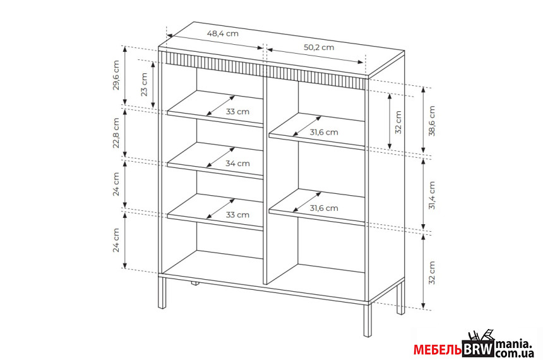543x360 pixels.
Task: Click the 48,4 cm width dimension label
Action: tap(223, 33)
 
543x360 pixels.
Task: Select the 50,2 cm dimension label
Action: tap(319, 47)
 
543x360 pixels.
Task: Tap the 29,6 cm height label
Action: tap(116, 75)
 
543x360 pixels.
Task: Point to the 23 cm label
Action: tap(144, 84)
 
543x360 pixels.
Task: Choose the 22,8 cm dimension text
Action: tap(116, 133)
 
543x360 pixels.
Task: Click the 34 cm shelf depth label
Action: tap(237, 163)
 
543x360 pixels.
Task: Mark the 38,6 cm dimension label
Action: tap(431, 121)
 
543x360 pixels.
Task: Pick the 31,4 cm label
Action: tap(431, 195)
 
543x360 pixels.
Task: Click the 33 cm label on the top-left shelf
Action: tap(237, 112)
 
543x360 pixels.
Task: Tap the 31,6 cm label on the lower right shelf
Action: tap(324, 208)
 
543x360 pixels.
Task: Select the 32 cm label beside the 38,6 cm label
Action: tap(398, 123)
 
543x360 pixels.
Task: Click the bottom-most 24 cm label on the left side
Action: tap(116, 240)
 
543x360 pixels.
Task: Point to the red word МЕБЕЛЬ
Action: tap(438, 350)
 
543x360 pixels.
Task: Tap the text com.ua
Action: tap(515, 354)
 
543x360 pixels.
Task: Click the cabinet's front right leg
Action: tap(367, 320)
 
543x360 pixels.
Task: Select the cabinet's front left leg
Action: tap(162, 292)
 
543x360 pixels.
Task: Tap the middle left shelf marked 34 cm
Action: tap(215, 160)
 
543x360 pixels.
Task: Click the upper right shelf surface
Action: tap(317, 131)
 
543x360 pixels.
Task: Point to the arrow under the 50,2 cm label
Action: tap(315, 56)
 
